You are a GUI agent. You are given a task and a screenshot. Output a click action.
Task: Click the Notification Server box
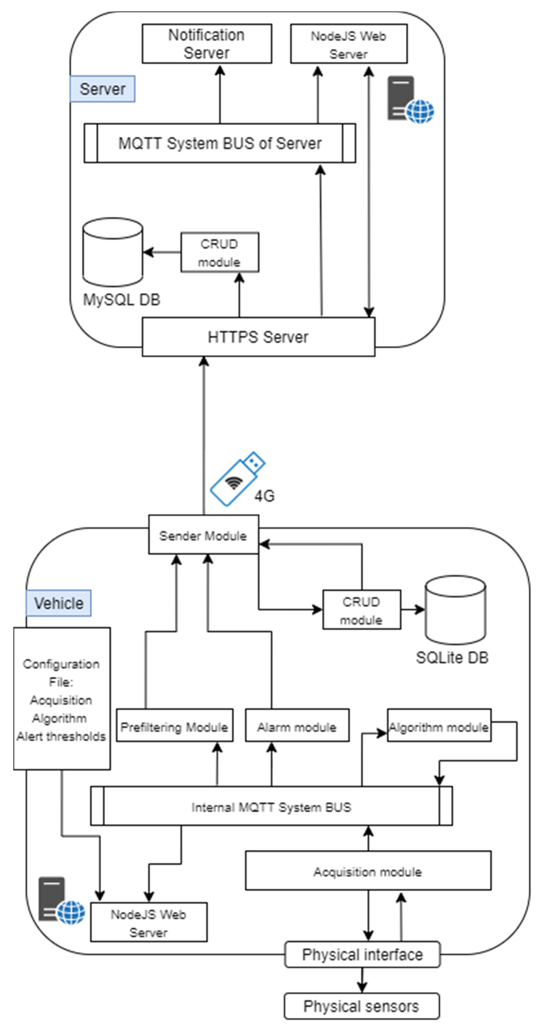207,44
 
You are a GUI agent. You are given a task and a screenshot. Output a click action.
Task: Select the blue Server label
102,89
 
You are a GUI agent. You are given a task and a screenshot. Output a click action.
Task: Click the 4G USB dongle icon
237,479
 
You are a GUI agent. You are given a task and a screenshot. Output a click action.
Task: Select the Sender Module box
203,535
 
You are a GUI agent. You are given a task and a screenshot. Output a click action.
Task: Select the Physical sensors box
361,1006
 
